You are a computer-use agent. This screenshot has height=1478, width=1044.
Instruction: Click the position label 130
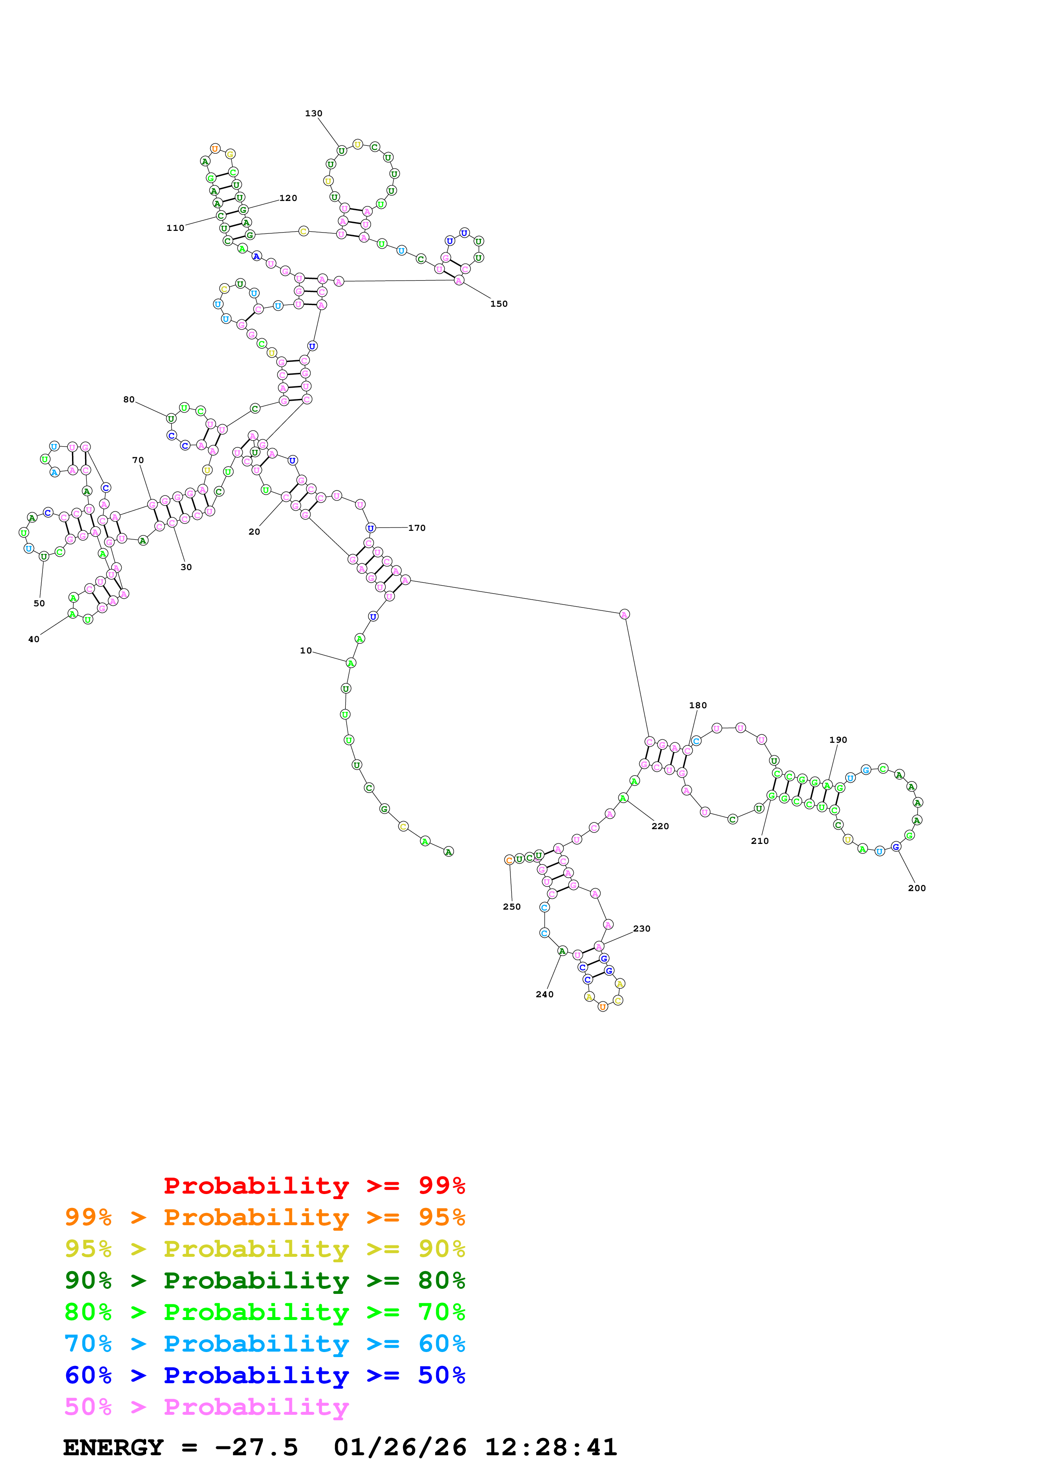[313, 113]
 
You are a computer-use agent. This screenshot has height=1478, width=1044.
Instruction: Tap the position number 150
[499, 304]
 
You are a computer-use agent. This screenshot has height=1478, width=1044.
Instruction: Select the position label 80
[128, 400]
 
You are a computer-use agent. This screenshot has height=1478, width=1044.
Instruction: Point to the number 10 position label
[306, 651]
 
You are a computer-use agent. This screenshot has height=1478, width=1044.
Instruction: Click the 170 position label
[417, 528]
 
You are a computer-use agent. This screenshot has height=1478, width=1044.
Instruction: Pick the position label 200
[917, 888]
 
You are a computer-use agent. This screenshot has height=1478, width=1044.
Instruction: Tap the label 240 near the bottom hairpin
[544, 995]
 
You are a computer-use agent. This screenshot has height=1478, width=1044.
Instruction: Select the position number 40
[33, 639]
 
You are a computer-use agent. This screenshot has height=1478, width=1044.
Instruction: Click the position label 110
[175, 228]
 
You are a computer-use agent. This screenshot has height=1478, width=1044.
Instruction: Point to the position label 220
[660, 827]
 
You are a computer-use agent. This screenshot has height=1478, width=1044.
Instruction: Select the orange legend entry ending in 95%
[264, 1217]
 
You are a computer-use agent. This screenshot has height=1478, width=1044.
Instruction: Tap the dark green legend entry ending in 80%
[264, 1280]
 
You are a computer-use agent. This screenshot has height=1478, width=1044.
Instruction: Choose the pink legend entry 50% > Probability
[206, 1407]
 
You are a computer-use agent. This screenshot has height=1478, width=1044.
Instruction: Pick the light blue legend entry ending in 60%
[264, 1344]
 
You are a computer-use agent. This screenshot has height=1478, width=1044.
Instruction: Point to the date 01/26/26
[400, 1448]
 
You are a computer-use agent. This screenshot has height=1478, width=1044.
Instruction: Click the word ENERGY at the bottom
[113, 1448]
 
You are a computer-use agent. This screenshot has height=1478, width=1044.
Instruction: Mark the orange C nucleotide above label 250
[509, 860]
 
